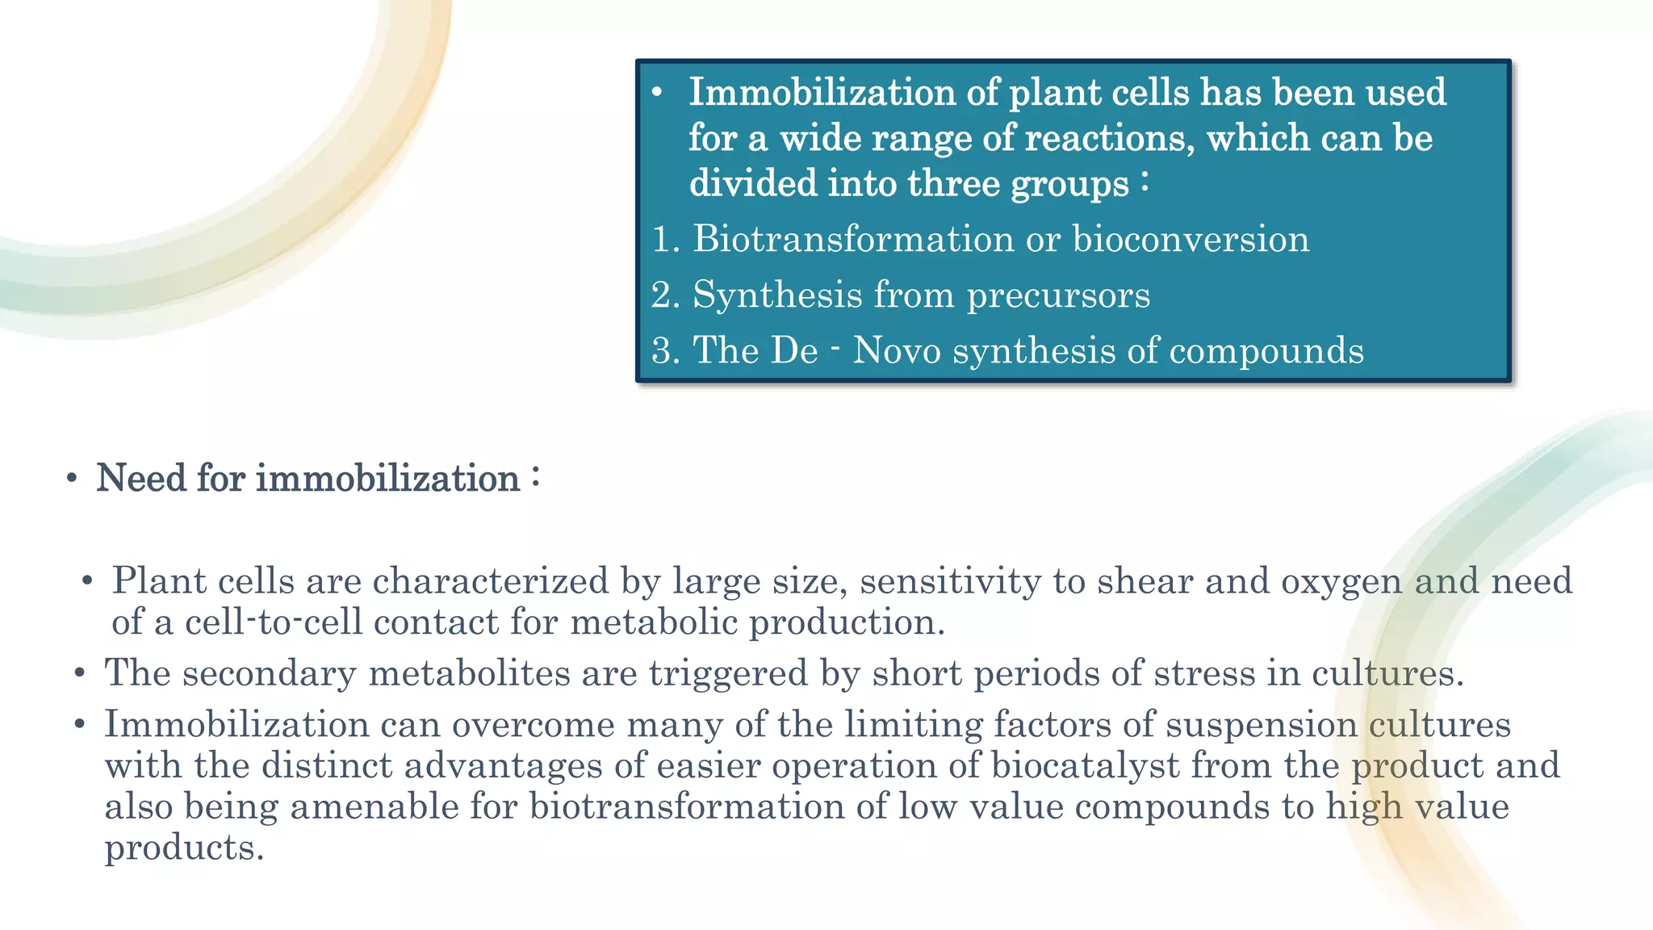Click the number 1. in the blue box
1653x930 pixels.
point(666,240)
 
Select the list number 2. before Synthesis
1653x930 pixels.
point(666,295)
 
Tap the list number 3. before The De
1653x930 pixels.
point(666,351)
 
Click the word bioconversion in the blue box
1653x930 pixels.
point(1191,240)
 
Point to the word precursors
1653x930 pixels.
point(1058,295)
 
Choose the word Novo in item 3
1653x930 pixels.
point(897,351)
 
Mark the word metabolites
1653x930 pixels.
point(469,673)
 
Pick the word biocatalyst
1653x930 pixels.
point(1085,766)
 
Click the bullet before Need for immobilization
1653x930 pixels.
point(72,479)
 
